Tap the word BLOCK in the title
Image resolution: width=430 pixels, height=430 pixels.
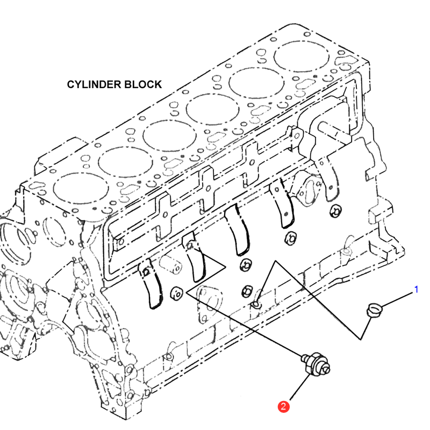tap(142, 84)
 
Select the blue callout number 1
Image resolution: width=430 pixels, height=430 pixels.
tap(416, 290)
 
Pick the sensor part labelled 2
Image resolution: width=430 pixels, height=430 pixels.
tap(316, 361)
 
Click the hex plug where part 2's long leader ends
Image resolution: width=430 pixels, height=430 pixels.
tap(176, 293)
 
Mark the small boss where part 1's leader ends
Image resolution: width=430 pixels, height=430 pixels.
tap(256, 305)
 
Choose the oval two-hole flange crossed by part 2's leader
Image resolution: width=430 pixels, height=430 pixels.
tap(207, 298)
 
